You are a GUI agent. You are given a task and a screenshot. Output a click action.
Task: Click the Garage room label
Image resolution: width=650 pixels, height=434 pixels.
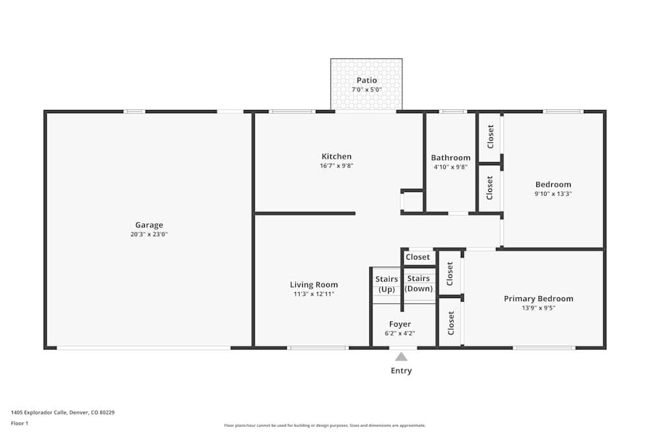coord(149,225)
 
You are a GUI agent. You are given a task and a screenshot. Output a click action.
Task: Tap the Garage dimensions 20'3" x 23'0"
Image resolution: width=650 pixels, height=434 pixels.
coord(149,234)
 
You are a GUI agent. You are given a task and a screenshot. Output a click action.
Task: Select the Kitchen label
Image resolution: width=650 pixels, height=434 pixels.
coord(337,156)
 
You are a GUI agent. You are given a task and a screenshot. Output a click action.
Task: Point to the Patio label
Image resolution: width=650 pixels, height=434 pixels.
coord(367,81)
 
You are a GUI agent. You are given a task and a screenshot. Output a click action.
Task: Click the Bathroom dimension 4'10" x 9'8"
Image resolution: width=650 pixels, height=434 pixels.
coord(450,167)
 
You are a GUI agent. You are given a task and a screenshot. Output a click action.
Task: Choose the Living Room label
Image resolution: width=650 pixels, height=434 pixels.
coord(314,284)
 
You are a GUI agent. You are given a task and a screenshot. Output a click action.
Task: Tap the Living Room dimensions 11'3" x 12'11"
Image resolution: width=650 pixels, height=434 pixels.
coord(314,293)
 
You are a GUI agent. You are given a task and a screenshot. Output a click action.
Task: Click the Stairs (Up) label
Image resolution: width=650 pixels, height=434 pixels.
coord(387,284)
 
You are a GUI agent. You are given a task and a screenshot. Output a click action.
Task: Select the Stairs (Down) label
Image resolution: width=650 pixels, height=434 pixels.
coord(419,284)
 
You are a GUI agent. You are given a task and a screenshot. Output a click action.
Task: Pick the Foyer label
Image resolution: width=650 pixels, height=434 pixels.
coord(400,324)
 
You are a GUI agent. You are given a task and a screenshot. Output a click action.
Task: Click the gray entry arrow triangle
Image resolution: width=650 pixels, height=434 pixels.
coord(401,357)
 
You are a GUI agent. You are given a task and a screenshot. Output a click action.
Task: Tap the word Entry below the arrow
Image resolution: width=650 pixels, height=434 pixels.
coord(401,371)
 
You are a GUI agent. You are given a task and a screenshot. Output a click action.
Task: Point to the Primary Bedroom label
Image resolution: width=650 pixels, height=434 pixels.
coord(539,299)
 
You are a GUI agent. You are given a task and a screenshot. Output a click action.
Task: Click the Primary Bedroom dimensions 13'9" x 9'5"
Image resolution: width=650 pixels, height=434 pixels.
coord(539,308)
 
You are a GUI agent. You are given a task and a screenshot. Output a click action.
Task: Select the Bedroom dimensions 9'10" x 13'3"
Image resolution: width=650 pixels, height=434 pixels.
coord(553,193)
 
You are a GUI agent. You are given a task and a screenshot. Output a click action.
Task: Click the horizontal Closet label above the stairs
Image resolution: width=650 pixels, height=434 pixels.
coord(418,257)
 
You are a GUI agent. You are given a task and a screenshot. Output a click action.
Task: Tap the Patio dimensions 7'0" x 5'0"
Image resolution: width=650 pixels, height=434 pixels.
coord(367,90)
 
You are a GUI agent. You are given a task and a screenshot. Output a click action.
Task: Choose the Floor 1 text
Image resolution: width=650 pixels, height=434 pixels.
coord(19,423)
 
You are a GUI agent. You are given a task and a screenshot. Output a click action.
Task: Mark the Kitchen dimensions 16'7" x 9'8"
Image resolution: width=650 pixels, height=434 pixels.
coord(337,165)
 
